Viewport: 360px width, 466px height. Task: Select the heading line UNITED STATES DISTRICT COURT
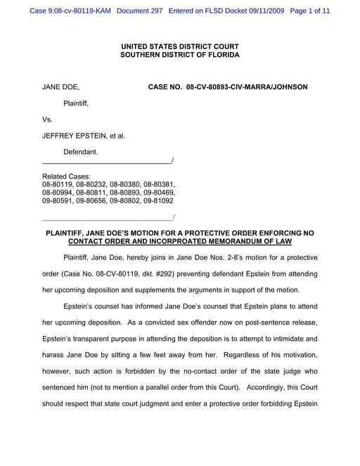click(x=179, y=46)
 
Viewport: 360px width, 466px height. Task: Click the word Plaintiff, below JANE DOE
click(x=76, y=103)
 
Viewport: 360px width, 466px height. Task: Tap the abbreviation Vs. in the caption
click(x=48, y=119)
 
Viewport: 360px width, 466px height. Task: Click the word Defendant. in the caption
click(x=81, y=152)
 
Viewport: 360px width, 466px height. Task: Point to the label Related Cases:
click(x=66, y=176)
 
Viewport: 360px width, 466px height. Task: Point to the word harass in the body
click(x=54, y=355)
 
